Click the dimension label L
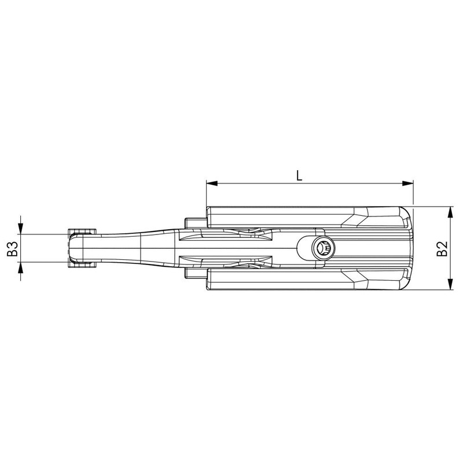pyautogui.click(x=299, y=176)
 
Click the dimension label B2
pyautogui.click(x=442, y=248)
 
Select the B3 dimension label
pyautogui.click(x=13, y=249)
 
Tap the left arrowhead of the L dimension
pyautogui.click(x=212, y=183)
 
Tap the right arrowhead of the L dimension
pyautogui.click(x=407, y=183)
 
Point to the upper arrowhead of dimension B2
pyautogui.click(x=450, y=212)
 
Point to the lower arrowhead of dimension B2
pyautogui.click(x=450, y=284)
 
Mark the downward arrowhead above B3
pyautogui.click(x=20, y=229)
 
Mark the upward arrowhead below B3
pyautogui.click(x=20, y=267)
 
